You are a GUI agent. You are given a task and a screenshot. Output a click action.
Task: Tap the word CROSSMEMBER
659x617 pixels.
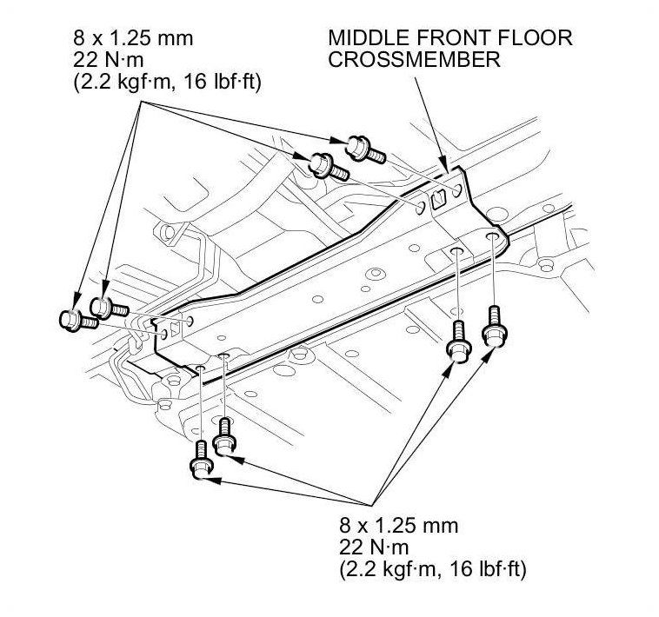[413, 61]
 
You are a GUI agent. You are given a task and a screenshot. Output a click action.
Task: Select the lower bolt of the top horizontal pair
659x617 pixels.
[328, 163]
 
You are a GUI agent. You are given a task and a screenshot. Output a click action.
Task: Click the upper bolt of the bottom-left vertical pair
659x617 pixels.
[226, 436]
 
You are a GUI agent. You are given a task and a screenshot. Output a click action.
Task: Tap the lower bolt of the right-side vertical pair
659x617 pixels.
[458, 342]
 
